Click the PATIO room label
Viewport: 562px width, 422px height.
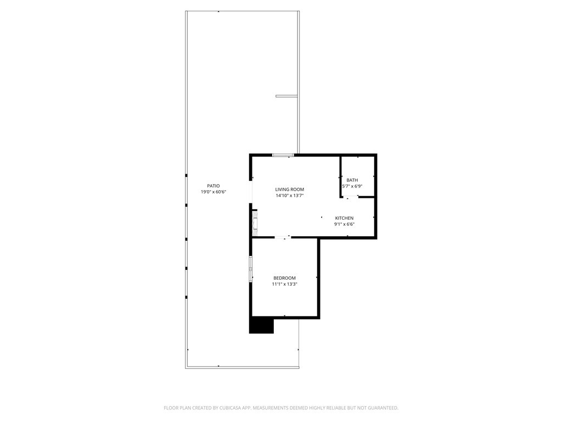[x=213, y=186]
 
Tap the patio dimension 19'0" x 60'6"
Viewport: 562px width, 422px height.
[x=213, y=192]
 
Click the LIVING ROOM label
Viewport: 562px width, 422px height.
[x=290, y=189]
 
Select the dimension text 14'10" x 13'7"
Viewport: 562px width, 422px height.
[x=290, y=195]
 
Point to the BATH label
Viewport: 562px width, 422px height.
[x=352, y=180]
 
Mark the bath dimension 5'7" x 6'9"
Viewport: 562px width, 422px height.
[x=352, y=186]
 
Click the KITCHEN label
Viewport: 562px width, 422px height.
[x=344, y=218]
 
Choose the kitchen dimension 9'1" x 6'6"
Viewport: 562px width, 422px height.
[x=344, y=224]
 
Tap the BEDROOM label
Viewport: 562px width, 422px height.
[x=284, y=278]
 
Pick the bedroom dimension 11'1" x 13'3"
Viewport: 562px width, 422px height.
[x=284, y=284]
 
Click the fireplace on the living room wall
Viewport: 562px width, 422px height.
[x=254, y=222]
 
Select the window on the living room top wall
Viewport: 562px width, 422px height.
[x=283, y=156]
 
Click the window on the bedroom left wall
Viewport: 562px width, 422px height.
[x=251, y=269]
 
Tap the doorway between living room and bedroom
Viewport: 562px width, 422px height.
[x=283, y=237]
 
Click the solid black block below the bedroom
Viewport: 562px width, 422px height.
[x=261, y=325]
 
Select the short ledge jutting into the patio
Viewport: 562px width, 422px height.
[x=286, y=96]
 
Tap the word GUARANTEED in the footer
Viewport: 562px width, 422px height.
[x=382, y=408]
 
